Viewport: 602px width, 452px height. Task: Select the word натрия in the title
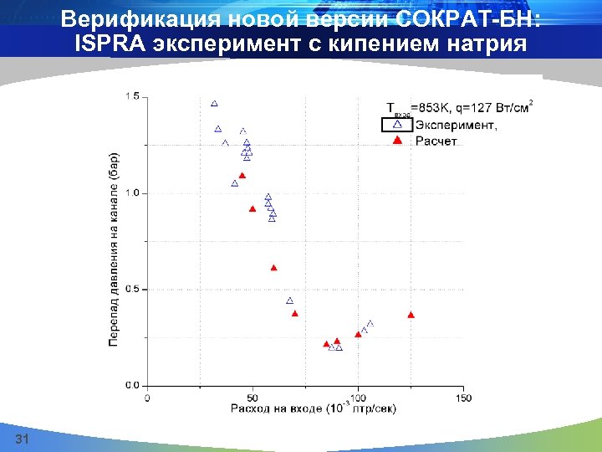[491, 44]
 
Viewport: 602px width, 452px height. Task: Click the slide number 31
[23, 440]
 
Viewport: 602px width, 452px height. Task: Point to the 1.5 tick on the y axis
[132, 97]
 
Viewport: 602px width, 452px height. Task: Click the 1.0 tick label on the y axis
[132, 193]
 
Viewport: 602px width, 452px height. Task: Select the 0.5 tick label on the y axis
[132, 290]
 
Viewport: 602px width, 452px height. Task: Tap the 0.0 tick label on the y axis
[132, 386]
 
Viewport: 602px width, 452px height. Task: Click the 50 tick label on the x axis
[253, 397]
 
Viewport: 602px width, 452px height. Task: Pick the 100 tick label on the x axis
[358, 397]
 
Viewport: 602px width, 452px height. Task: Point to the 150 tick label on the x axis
[463, 397]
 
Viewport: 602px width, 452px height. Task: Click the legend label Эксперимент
[456, 126]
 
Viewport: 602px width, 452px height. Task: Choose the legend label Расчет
[436, 141]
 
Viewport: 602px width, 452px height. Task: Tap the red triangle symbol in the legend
[398, 140]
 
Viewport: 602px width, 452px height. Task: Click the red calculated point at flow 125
[411, 315]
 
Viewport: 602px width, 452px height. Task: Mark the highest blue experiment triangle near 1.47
[214, 104]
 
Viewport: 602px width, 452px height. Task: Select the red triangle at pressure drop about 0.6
[273, 268]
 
